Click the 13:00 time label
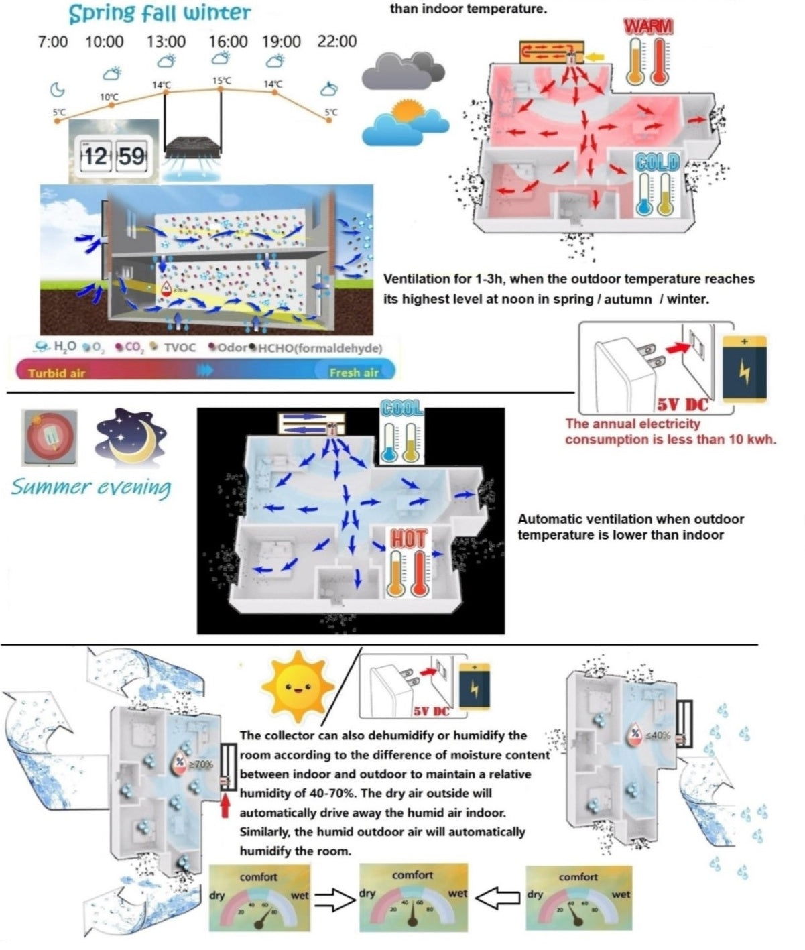coord(166,42)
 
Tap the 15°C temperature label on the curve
coord(222,81)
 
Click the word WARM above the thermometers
coord(648,26)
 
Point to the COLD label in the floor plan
coord(658,162)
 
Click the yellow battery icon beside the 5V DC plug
coord(745,367)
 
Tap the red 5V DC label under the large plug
coord(681,404)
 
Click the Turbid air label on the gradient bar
coord(56,373)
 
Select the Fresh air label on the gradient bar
coord(354,373)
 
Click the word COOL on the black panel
coord(402,408)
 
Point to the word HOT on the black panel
coord(408,538)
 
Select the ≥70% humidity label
coord(202,764)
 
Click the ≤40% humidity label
coord(658,735)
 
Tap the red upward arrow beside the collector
coord(225,804)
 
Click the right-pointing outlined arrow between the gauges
coord(334,899)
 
